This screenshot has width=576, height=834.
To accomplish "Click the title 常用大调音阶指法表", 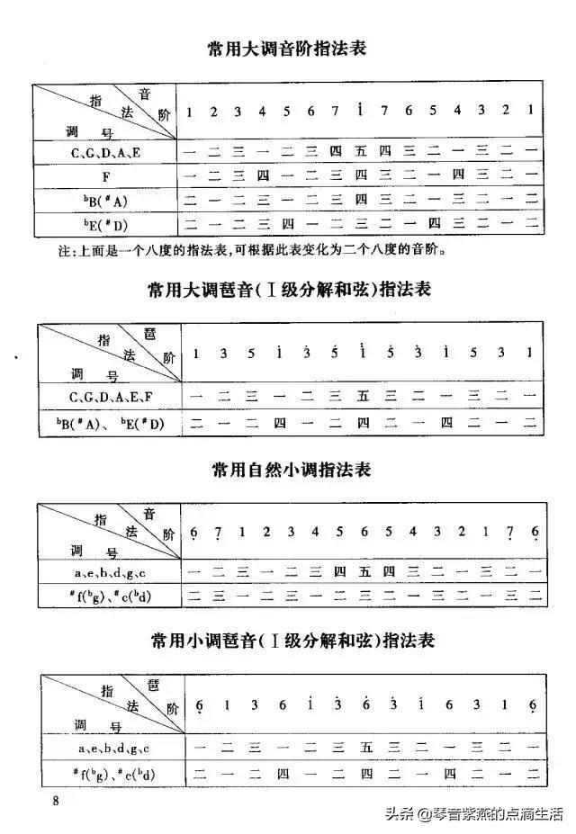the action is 287,49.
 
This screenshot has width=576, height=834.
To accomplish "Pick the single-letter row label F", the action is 105,175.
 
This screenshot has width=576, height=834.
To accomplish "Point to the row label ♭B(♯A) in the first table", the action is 105,199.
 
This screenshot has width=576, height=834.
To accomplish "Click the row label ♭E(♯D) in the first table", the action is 105,221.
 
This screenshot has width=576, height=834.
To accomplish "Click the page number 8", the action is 56,801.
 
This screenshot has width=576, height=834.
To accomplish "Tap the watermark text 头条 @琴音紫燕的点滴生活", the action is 474,815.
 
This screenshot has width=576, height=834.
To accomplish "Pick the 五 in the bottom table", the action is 365,746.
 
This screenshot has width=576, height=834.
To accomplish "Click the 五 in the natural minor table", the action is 364,570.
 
